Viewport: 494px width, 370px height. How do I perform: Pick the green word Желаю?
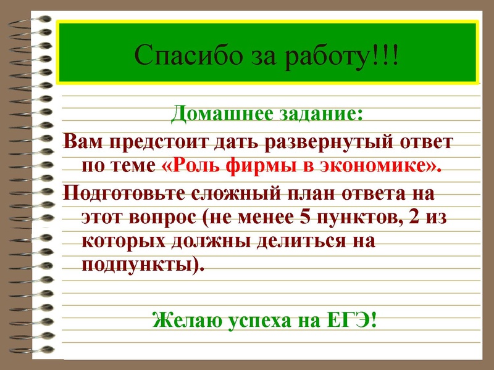click(x=185, y=321)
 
